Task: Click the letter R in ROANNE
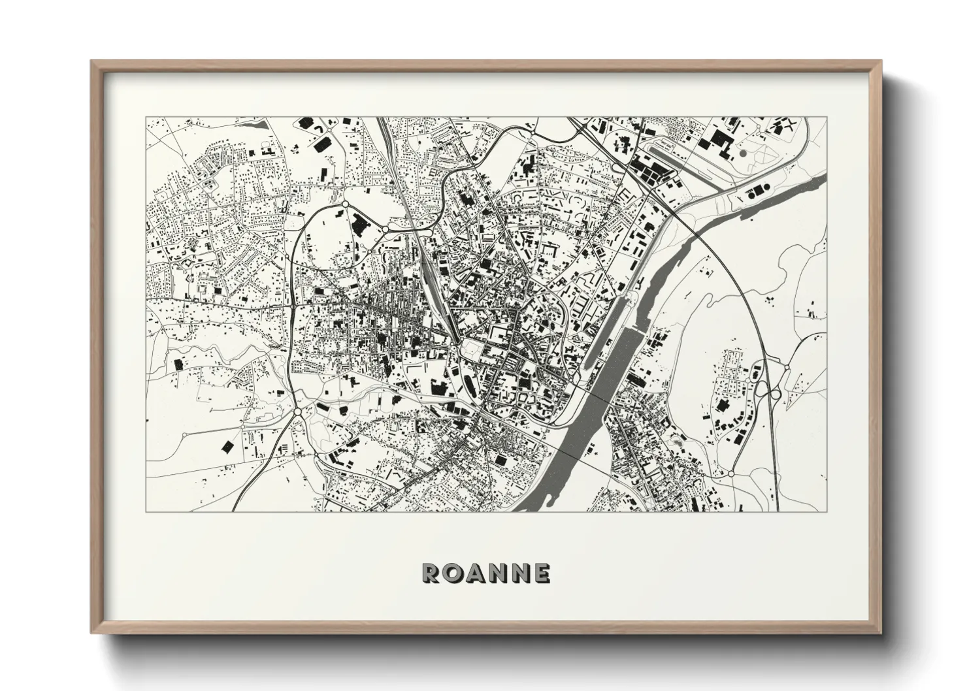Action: [x=432, y=573]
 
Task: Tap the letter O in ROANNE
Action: [x=453, y=573]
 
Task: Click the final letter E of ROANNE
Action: [x=542, y=573]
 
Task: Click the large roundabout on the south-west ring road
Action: [x=298, y=412]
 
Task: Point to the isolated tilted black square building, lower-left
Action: [x=227, y=446]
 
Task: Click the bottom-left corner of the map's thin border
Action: [x=146, y=511]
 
